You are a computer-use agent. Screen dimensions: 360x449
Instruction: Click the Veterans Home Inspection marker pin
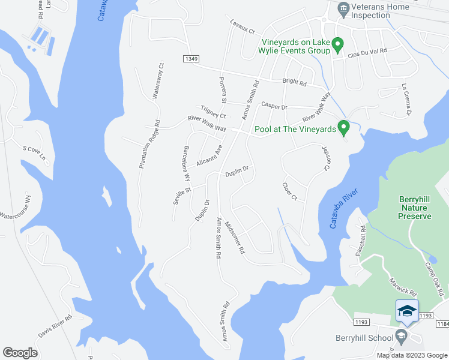tap(343, 8)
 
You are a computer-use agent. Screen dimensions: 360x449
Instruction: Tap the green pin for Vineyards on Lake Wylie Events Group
tap(337, 45)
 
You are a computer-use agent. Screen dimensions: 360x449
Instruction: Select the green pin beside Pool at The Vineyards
tap(343, 128)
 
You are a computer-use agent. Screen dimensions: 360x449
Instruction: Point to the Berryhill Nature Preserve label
tap(415, 208)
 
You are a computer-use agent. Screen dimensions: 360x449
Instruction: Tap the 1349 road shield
tap(191, 58)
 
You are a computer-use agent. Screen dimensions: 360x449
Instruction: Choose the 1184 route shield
tap(442, 324)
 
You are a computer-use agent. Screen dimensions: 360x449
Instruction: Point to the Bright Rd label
tap(295, 83)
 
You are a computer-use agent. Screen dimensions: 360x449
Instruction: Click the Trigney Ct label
tap(213, 112)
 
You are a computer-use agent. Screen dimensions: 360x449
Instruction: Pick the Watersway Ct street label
tap(158, 82)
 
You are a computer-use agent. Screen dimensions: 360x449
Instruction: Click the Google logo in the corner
tap(20, 353)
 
